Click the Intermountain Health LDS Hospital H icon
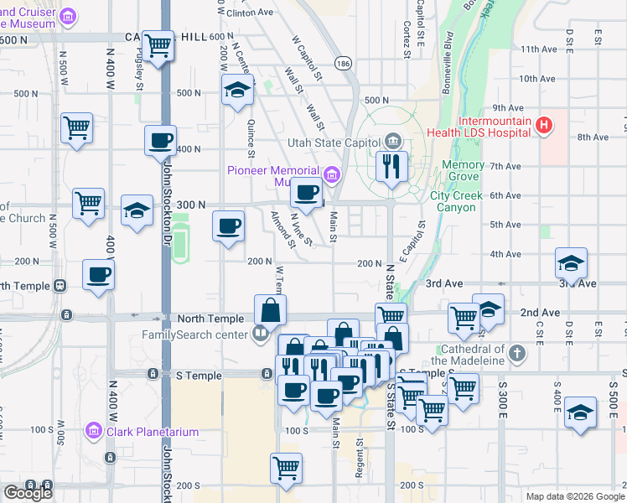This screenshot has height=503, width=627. pyautogui.click(x=545, y=127)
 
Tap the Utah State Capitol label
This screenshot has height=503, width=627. pyautogui.click(x=334, y=142)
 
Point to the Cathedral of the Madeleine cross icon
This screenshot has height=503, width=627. pyautogui.click(x=517, y=352)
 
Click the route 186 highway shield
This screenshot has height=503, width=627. pyautogui.click(x=344, y=63)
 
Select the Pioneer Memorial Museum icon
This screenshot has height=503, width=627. pyautogui.click(x=332, y=175)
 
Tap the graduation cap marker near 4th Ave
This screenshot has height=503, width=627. pyautogui.click(x=572, y=264)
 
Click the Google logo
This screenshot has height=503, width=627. pyautogui.click(x=28, y=494)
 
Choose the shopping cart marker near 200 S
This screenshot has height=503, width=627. pyautogui.click(x=287, y=467)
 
